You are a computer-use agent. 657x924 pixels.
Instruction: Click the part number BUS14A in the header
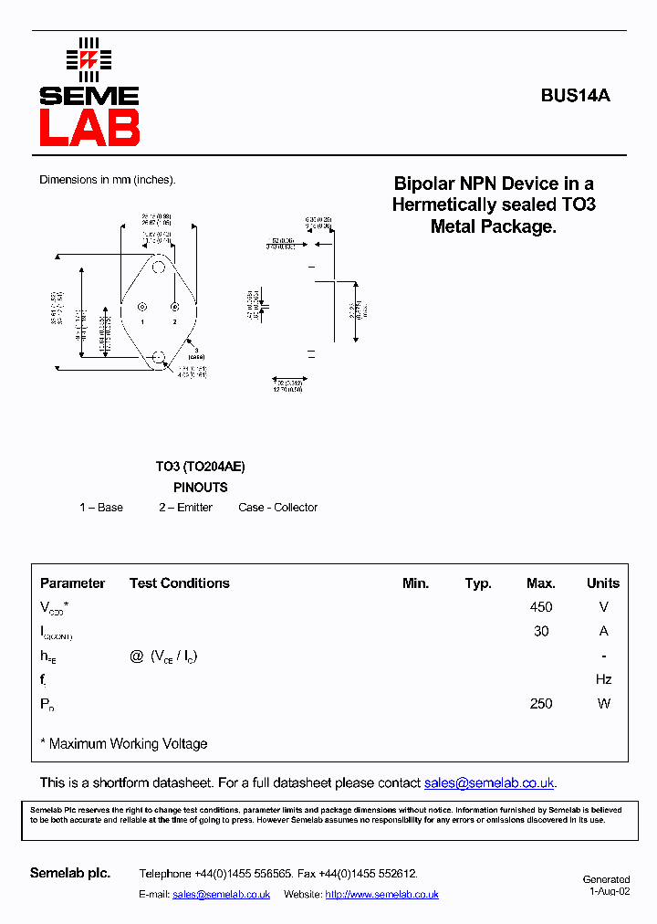(x=575, y=95)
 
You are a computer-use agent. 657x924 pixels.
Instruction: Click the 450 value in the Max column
(x=540, y=607)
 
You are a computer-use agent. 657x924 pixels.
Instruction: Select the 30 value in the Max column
(x=540, y=631)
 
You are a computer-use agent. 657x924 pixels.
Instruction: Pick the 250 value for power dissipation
(x=540, y=703)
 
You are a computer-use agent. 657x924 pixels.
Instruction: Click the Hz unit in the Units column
(x=603, y=679)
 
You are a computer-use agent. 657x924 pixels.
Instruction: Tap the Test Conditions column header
(x=180, y=583)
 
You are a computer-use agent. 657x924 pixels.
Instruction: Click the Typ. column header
(x=478, y=583)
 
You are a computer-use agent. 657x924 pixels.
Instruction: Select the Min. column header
(x=415, y=583)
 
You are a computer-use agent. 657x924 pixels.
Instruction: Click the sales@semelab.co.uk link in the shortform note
(x=489, y=783)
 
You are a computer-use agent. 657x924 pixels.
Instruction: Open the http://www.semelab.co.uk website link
(x=381, y=895)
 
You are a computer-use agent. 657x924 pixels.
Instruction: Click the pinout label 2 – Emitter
(x=185, y=508)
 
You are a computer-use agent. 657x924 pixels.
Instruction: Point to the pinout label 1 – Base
(x=101, y=508)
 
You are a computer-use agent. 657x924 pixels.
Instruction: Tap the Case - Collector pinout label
(x=278, y=508)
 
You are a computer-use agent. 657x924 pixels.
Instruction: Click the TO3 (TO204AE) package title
(x=200, y=467)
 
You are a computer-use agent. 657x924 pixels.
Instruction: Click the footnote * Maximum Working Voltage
(x=124, y=744)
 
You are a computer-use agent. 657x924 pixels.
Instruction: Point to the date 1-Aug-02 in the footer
(x=609, y=891)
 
